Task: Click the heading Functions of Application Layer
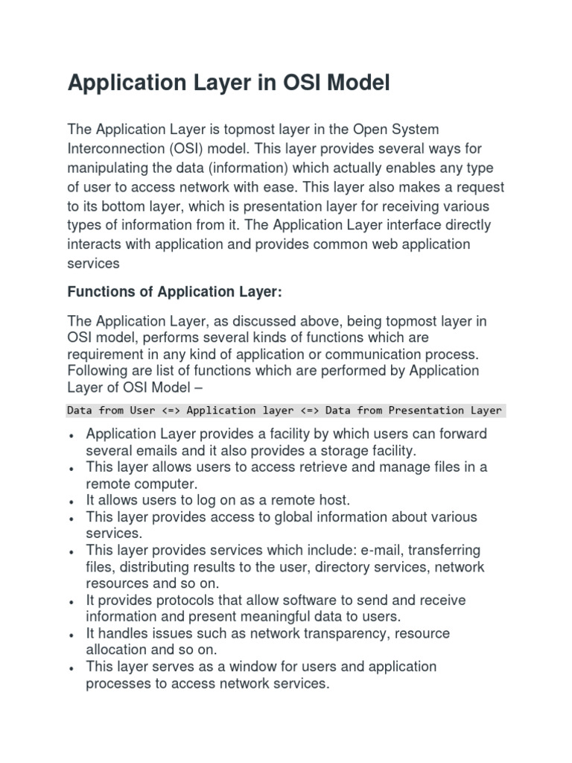[x=175, y=293]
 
